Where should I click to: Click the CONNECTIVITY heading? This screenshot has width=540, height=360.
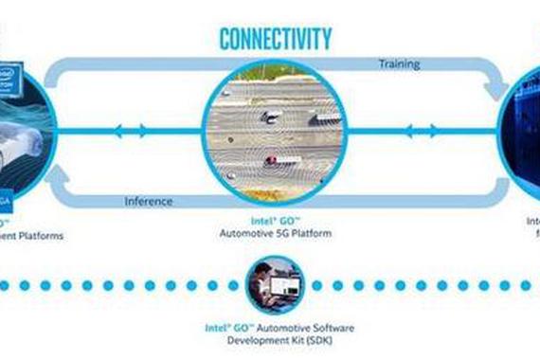[276, 39]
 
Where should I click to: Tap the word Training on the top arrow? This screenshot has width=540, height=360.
[399, 65]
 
